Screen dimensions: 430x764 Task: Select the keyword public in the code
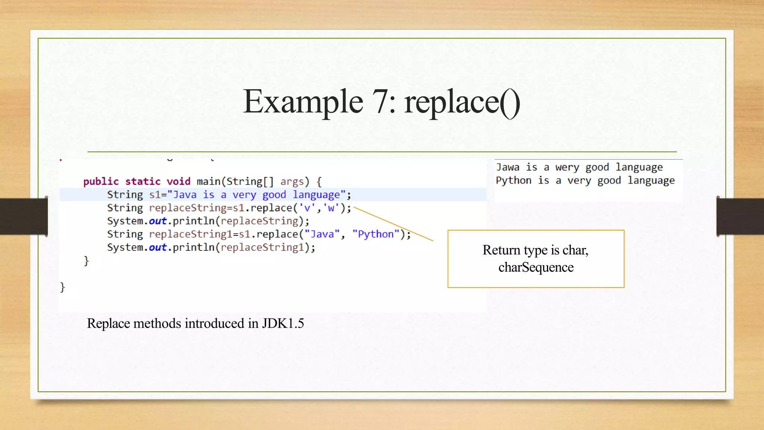[101, 182]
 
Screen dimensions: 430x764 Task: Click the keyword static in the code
[143, 182]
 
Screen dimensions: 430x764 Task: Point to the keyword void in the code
[178, 182]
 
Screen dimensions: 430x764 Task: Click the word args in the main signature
[292, 182]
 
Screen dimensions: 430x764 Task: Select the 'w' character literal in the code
[331, 208]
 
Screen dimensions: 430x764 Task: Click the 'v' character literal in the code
[307, 208]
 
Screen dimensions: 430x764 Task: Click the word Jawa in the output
[507, 167]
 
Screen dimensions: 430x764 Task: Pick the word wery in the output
[567, 167]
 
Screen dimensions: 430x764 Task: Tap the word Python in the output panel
[513, 181]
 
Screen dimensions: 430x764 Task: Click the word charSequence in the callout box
[536, 267]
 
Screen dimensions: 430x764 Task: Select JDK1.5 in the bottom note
[283, 323]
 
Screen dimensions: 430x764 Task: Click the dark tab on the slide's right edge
[740, 216]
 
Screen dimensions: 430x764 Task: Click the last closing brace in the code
[62, 287]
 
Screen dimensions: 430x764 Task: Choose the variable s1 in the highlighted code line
[155, 195]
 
